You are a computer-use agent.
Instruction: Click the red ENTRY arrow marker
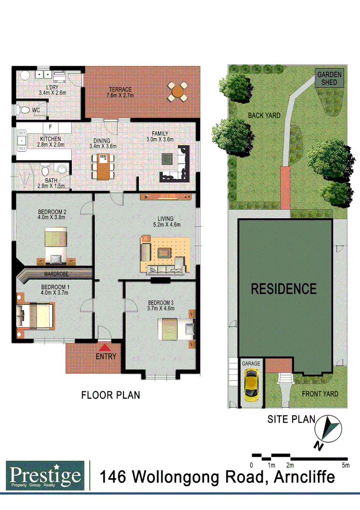point(102,347)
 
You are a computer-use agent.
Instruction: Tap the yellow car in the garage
point(251,384)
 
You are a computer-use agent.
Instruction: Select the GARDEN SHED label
point(330,78)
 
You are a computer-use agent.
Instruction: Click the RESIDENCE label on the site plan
point(283,289)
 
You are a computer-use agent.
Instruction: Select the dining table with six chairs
point(103,166)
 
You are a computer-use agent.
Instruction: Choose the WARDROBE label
point(57,274)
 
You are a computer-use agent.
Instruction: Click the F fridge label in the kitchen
point(50,127)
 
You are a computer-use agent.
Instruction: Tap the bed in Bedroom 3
point(171,327)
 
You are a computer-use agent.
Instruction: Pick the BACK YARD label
point(264,115)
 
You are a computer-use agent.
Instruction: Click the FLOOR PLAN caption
point(110,395)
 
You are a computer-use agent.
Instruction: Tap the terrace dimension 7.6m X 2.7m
point(120,94)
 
